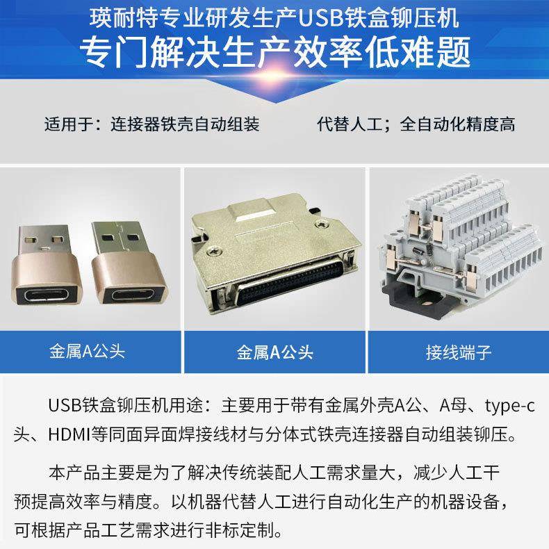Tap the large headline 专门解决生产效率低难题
coord(274,50)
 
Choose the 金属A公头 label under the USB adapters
coord(88,352)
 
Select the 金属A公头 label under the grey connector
coord(274,352)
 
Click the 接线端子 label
coord(459,352)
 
